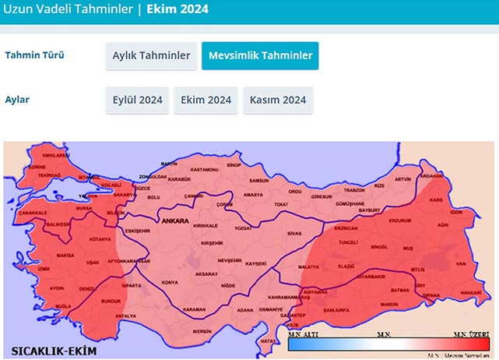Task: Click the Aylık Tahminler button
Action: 151,55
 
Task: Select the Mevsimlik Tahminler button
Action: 260,55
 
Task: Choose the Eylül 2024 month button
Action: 137,101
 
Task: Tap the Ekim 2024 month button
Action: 206,101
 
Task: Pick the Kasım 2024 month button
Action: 278,101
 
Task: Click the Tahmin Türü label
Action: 35,55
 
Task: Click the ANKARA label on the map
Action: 177,221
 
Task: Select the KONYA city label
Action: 169,282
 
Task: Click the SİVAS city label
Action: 293,233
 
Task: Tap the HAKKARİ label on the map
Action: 469,291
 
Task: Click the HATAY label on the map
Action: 269,341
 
